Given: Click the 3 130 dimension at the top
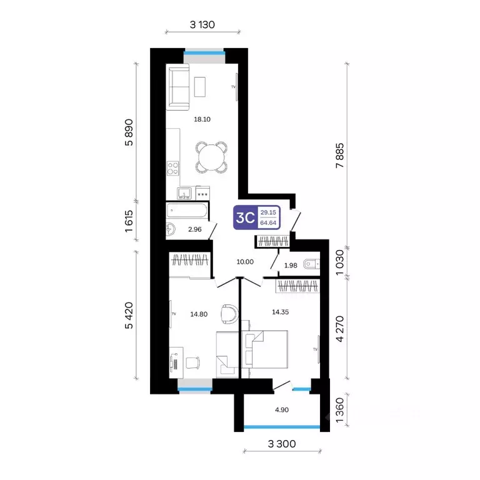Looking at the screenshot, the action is point(202,24).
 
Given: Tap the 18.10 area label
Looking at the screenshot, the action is point(202,119).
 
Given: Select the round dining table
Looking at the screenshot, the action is point(211,157).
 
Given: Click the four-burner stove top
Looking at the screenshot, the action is point(172,168).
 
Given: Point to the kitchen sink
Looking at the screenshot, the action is point(184,194).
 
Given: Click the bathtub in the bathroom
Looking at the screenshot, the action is point(187,210).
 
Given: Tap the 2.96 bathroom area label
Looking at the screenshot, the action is point(195,229).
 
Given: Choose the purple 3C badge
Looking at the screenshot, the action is point(257,217).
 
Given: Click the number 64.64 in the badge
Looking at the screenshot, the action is point(268,223).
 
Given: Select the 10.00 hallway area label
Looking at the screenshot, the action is point(245,262).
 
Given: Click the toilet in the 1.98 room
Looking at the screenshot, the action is point(312,264).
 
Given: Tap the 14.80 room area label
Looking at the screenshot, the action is point(199,314).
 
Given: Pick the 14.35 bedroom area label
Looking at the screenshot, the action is point(281,312).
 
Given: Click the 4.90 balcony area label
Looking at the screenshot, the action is point(282,410).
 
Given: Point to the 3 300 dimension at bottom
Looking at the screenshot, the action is point(282,444).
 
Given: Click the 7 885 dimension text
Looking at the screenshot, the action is point(340,156).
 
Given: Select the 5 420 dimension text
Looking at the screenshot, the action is point(129,315).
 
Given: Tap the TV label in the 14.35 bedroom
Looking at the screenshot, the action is point(315,349).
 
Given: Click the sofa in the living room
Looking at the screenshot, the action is point(178,89).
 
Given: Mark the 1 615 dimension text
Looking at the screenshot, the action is point(129,221).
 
